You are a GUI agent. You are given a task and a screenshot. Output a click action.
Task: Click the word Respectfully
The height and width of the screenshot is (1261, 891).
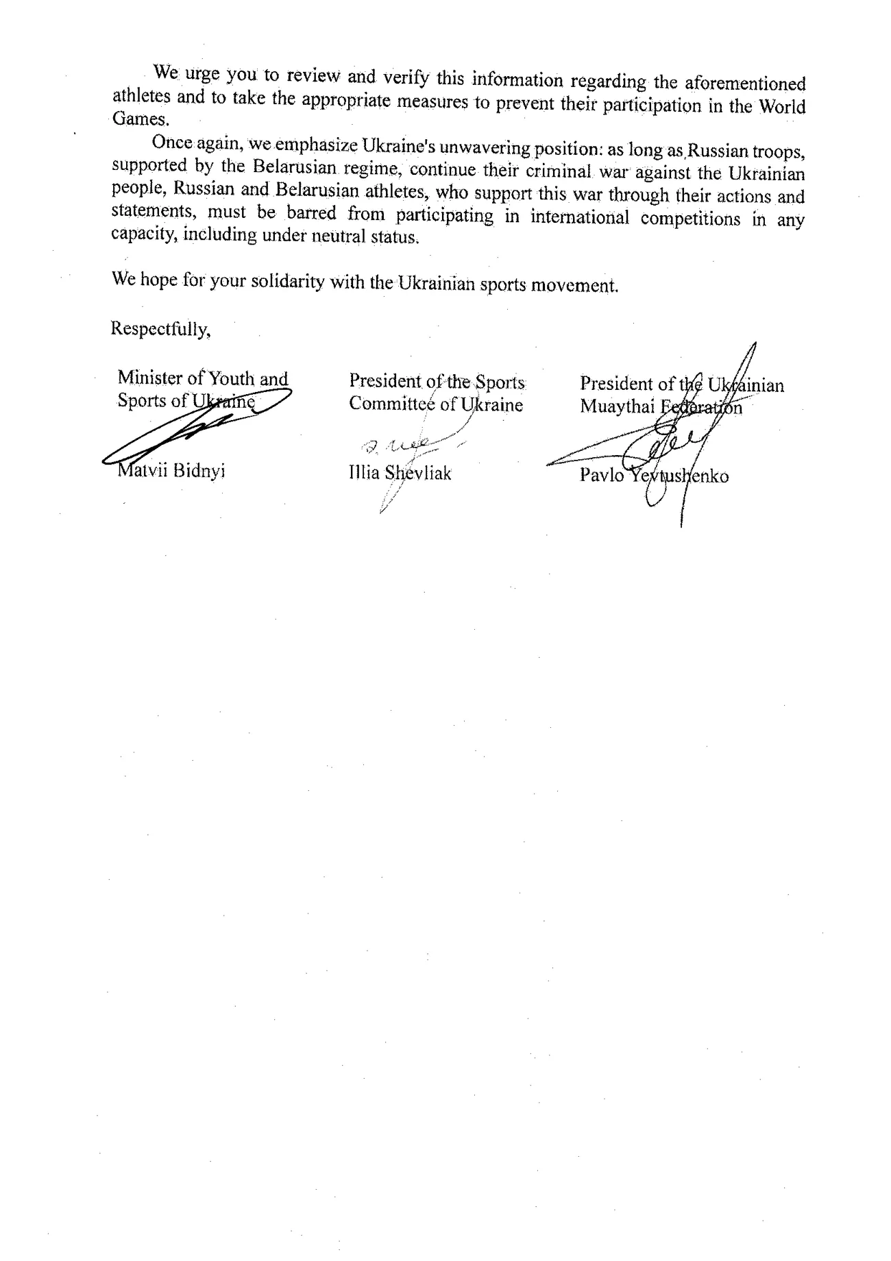pyautogui.click(x=160, y=329)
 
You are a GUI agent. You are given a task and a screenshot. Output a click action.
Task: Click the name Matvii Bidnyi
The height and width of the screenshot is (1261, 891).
pyautogui.click(x=171, y=472)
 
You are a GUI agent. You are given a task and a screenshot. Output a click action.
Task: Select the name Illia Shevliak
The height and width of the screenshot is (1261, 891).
pyautogui.click(x=400, y=473)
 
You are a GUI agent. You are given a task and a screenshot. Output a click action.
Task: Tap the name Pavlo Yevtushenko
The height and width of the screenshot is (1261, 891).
pyautogui.click(x=654, y=476)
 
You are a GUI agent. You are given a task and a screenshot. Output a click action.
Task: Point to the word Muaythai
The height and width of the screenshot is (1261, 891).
pyautogui.click(x=616, y=406)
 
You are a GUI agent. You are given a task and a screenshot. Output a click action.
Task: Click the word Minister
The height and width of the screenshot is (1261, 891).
pyautogui.click(x=149, y=378)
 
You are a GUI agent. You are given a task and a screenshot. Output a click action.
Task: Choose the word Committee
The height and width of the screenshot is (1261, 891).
pyautogui.click(x=391, y=404)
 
